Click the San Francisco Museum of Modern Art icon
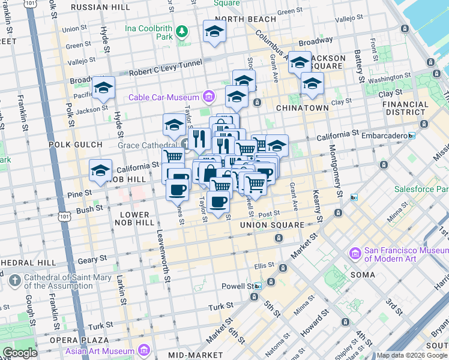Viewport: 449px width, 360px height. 355,254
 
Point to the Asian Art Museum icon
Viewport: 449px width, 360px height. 144,350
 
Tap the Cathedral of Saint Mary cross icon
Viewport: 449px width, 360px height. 14,280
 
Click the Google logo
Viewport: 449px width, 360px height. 20,352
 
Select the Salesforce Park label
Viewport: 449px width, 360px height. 421,189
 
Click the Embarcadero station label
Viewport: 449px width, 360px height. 382,136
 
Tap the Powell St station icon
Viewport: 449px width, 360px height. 259,286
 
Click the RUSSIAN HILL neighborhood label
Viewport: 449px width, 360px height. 100,7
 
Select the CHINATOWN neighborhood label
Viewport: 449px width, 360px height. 302,108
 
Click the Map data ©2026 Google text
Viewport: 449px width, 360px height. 412,355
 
